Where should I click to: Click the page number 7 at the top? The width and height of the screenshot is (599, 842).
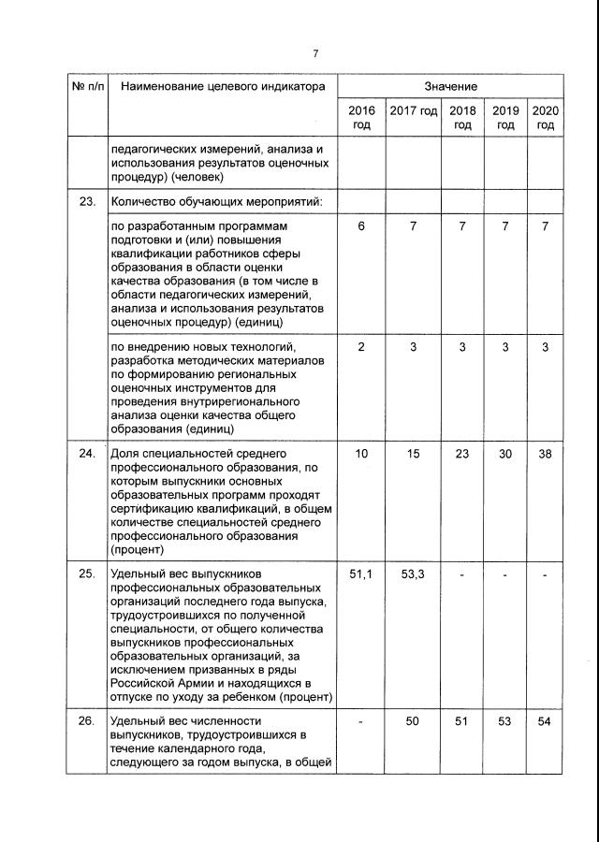click(316, 52)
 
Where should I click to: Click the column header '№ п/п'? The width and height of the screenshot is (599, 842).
click(88, 87)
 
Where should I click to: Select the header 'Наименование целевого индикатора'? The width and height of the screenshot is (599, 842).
click(218, 87)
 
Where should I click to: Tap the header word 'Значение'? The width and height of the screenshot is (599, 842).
click(450, 87)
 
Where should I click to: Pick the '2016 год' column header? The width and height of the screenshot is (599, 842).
click(361, 118)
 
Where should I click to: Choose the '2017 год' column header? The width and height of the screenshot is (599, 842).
click(414, 111)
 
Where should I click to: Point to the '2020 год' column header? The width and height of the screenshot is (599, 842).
click(546, 118)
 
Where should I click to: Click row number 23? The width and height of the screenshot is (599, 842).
click(88, 200)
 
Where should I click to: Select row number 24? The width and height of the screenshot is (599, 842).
click(88, 454)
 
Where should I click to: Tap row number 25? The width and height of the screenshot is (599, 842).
click(88, 573)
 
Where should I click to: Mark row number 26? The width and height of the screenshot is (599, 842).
click(88, 721)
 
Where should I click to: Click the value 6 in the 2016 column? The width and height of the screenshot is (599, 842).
click(361, 227)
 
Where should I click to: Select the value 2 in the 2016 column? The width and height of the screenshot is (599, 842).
click(361, 347)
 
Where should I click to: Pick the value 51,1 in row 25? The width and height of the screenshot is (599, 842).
click(361, 573)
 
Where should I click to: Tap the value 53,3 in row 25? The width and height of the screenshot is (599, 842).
click(414, 573)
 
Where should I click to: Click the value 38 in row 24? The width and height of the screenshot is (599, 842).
click(546, 454)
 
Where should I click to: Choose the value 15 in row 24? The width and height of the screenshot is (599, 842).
click(414, 454)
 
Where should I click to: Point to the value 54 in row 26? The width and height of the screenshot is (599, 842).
click(546, 721)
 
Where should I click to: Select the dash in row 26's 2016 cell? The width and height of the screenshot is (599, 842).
click(361, 721)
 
